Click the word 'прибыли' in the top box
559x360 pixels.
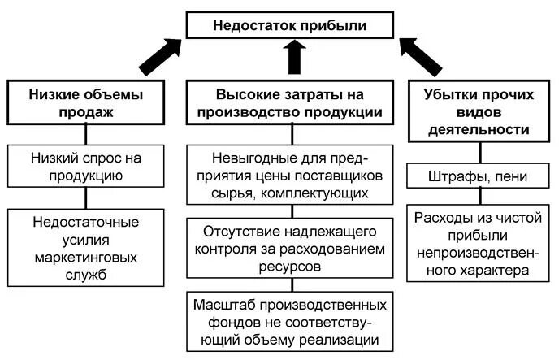click(331, 25)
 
